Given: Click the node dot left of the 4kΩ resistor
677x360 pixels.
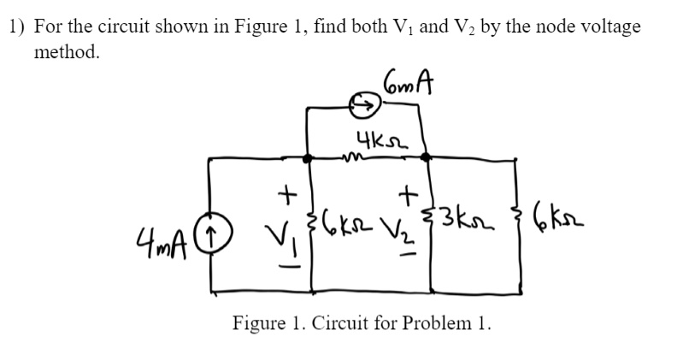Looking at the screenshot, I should [x=309, y=158].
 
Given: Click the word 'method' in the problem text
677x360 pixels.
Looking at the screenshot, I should [x=65, y=52].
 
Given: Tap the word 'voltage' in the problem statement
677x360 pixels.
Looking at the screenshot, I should [x=609, y=27].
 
